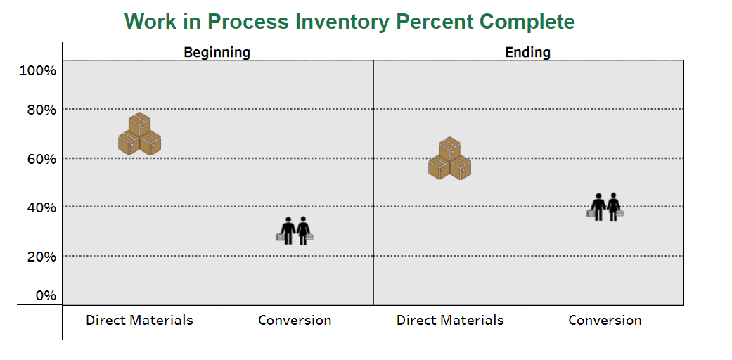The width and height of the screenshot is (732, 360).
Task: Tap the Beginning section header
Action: tap(217, 52)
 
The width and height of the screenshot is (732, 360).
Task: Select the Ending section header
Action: tap(528, 52)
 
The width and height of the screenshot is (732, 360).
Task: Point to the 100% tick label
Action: tap(37, 71)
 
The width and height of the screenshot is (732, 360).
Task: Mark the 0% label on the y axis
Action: tap(46, 295)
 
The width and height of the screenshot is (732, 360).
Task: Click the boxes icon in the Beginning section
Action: tap(140, 134)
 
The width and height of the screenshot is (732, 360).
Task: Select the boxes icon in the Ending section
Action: tap(449, 159)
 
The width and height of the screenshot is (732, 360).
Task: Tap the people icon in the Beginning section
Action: tap(295, 231)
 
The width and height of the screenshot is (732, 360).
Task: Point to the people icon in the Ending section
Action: tap(605, 207)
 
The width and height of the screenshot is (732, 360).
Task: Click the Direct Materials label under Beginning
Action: tap(140, 321)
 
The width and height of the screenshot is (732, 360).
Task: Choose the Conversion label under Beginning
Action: tap(295, 321)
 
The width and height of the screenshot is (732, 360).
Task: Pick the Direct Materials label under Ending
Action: tap(450, 321)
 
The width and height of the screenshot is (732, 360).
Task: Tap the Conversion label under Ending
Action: tap(605, 321)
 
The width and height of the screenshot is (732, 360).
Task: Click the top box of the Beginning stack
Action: tap(140, 124)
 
